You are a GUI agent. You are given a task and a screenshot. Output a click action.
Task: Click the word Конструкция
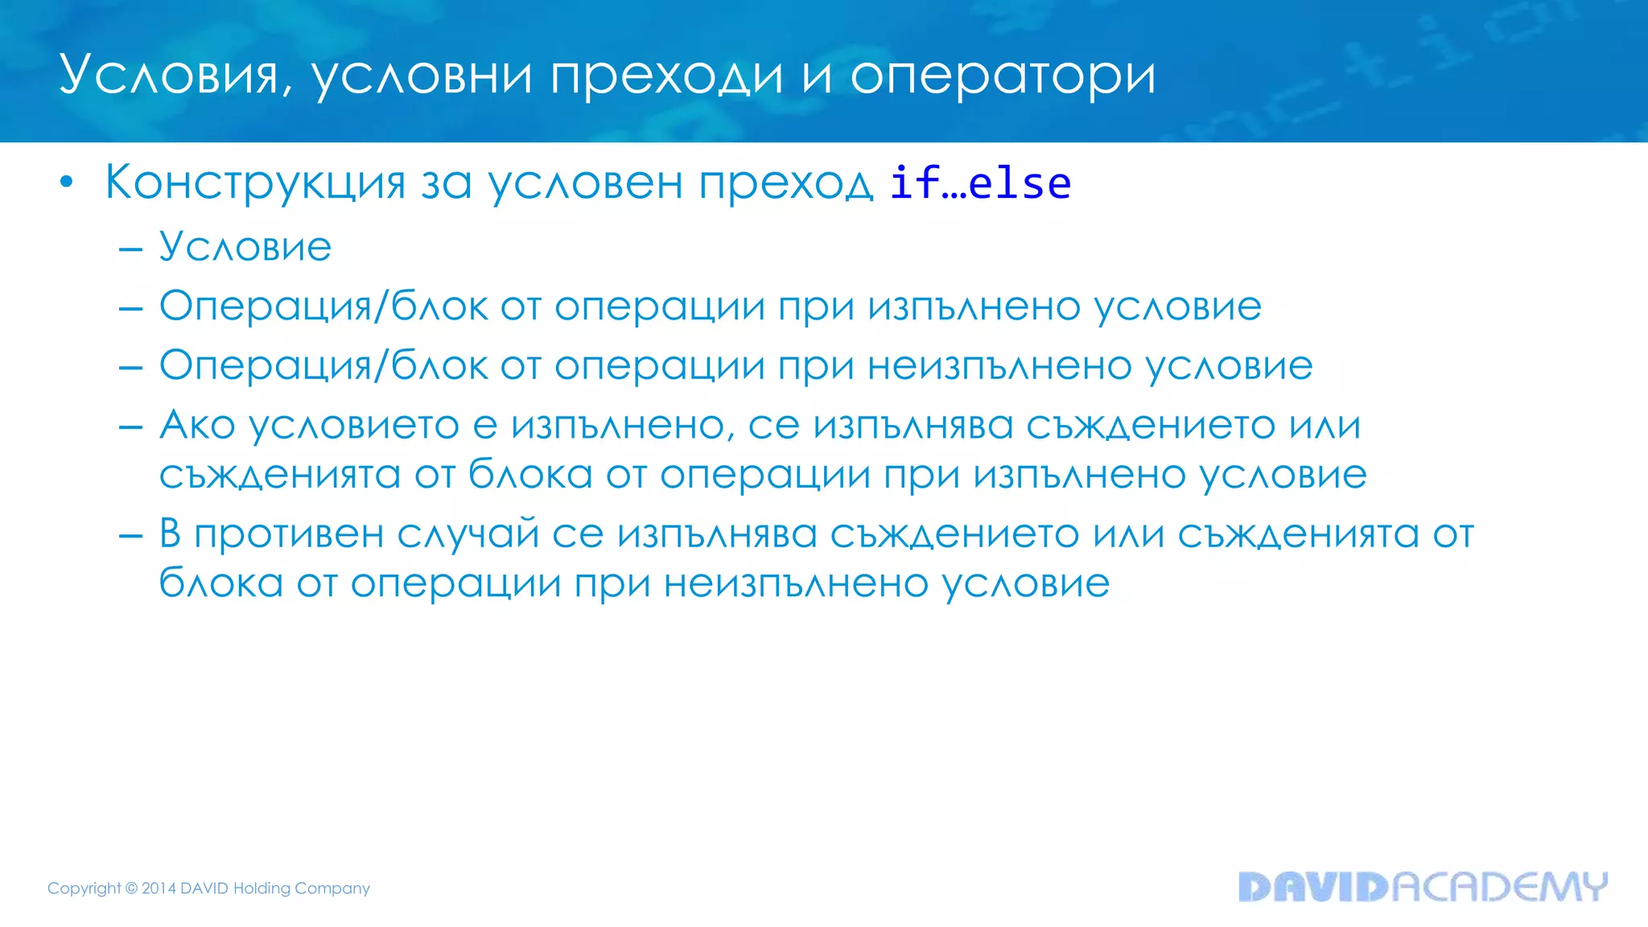255,183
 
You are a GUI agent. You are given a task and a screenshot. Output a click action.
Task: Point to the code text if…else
980,183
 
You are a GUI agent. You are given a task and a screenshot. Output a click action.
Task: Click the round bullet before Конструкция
67,183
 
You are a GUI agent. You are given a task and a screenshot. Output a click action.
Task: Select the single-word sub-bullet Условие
245,246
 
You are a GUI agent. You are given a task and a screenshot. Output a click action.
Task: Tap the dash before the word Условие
130,249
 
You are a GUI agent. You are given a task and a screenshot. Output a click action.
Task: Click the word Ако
197,424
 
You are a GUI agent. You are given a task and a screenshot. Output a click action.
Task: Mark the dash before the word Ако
130,426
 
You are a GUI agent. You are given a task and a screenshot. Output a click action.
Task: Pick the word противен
289,534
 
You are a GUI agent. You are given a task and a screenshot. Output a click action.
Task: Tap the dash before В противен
130,536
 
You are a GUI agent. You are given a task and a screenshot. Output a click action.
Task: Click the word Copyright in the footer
84,888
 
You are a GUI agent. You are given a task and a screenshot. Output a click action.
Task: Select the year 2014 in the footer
159,888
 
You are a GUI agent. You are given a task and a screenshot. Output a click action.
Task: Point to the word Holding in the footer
262,888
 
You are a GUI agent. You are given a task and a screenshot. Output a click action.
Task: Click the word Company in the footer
332,888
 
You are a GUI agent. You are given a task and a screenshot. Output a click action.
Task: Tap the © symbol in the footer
132,888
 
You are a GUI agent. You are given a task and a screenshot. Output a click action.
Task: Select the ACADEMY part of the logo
1499,887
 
